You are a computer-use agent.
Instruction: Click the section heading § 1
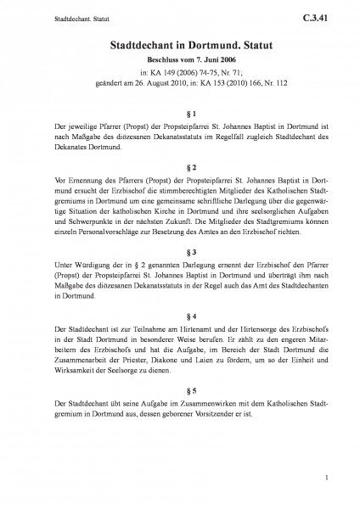[180, 114]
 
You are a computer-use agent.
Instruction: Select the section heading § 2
[180, 166]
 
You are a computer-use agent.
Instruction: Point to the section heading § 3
[180, 253]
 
